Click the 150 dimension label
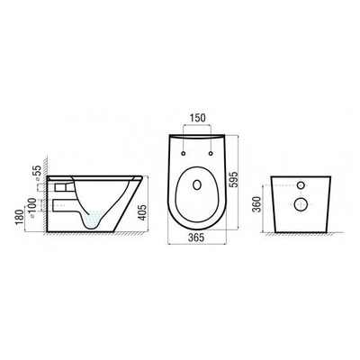[x=198, y=118]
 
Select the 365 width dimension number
[x=195, y=238]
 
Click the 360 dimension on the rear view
[x=256, y=203]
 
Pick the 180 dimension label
[x=20, y=217]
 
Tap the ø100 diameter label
[x=32, y=205]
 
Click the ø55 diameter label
[x=37, y=172]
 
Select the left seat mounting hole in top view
[x=184, y=154]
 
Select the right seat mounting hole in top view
[x=211, y=154]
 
